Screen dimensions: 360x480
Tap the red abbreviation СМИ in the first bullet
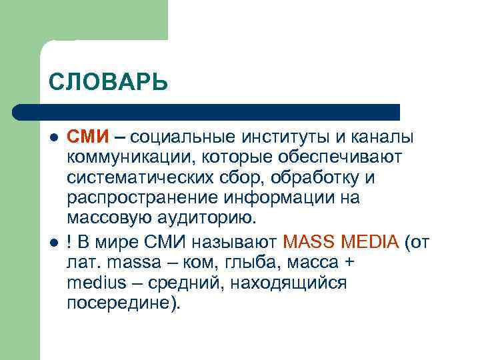point(87,137)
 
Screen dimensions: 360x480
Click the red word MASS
point(309,241)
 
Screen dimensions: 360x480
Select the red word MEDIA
point(368,241)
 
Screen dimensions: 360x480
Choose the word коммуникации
point(124,158)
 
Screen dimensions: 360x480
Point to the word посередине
point(123,303)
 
